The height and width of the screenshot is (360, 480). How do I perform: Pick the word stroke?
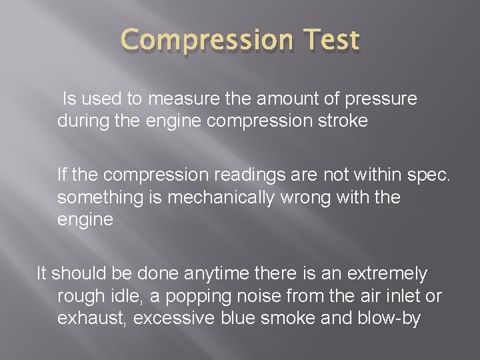tap(339, 123)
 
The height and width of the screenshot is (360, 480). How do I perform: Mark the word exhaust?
tap(92, 319)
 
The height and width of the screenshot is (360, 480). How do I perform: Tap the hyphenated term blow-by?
tap(387, 319)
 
